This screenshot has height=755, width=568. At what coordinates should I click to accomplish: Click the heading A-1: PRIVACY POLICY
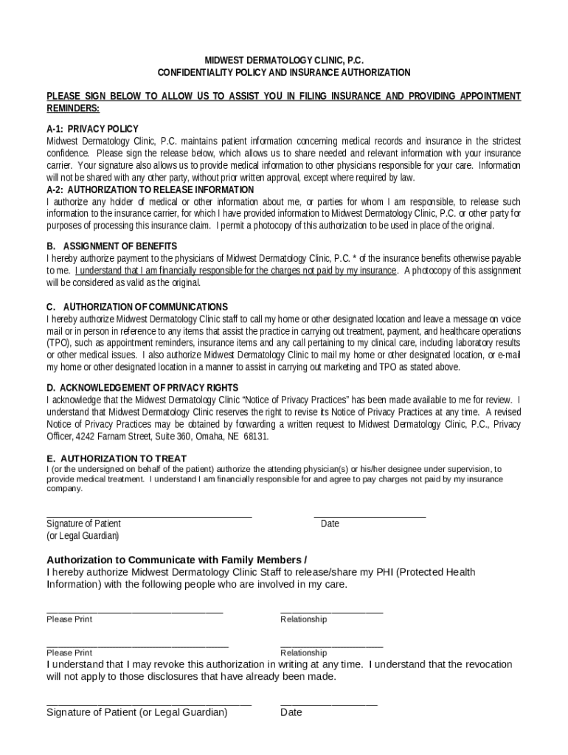[x=93, y=129]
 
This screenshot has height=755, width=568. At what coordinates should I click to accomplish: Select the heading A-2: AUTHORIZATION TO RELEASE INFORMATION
[x=150, y=190]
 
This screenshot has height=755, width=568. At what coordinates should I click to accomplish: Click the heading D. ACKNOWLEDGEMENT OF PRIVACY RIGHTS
[x=153, y=388]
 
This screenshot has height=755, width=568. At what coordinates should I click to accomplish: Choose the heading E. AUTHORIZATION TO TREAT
[x=117, y=459]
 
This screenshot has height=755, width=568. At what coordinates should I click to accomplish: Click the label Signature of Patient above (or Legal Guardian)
[x=83, y=523]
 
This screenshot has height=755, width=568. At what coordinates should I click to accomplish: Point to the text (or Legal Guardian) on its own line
[x=83, y=536]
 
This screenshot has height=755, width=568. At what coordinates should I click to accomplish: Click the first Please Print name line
[x=134, y=612]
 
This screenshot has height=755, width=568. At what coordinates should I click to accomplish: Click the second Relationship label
[x=303, y=653]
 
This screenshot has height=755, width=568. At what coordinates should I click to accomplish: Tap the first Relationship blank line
[x=331, y=612]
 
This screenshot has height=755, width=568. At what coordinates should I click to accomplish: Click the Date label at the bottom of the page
[x=291, y=713]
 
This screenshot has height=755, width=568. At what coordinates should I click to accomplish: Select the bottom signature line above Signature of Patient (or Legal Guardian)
[x=149, y=705]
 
